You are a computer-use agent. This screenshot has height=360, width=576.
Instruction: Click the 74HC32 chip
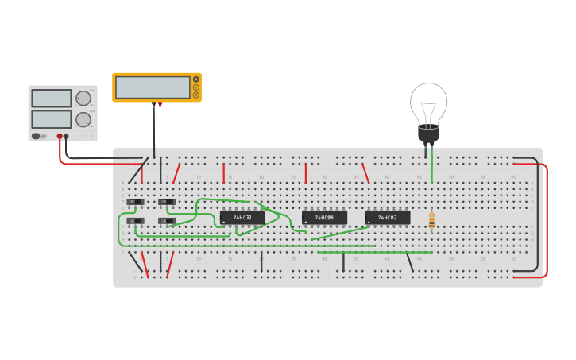(242, 218)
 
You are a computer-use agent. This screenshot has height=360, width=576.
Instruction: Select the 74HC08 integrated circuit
(324, 218)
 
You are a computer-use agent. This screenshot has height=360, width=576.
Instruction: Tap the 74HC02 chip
(388, 218)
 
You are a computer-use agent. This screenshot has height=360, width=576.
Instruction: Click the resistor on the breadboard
(431, 220)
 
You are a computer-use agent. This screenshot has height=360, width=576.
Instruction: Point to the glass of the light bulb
(428, 102)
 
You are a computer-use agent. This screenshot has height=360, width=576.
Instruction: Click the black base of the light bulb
(428, 134)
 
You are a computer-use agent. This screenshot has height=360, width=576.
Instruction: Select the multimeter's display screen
(153, 87)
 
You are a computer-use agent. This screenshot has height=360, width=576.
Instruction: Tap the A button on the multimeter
(196, 79)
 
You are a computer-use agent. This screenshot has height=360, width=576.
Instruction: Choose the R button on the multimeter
(196, 95)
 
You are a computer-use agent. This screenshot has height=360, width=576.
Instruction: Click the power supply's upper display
(51, 99)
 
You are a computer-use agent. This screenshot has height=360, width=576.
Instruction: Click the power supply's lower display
(51, 119)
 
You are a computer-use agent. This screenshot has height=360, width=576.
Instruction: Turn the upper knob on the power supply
(83, 99)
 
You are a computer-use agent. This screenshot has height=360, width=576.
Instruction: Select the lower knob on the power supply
(83, 119)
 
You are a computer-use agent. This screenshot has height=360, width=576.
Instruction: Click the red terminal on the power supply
(60, 137)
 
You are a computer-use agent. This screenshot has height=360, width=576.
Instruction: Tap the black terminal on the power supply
(66, 137)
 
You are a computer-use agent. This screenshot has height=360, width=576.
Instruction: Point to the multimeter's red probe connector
(160, 104)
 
